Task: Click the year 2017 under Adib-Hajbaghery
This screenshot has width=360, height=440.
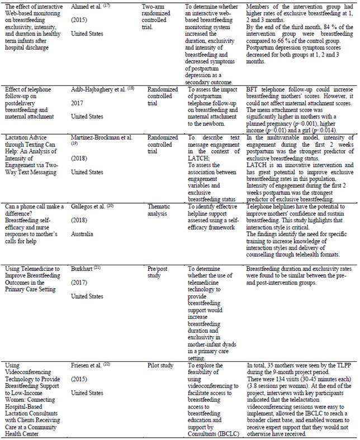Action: (77, 104)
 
